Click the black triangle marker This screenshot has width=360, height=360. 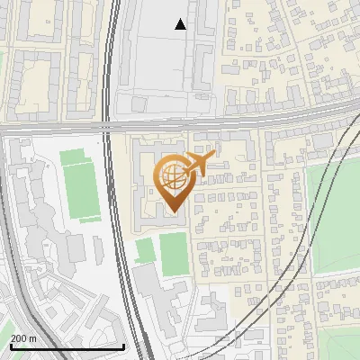click(x=181, y=24)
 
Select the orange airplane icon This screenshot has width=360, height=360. click(x=202, y=163)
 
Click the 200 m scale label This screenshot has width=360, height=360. click(x=23, y=338)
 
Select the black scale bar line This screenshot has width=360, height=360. click(x=67, y=346)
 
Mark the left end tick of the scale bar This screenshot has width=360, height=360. click(x=10, y=345)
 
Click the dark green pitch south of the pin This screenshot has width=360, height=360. click(x=175, y=253)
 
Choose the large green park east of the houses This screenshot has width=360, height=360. click(x=333, y=216)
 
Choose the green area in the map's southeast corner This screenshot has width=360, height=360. click(x=342, y=346)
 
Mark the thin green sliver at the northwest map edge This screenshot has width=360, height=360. click(x=3, y=63)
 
